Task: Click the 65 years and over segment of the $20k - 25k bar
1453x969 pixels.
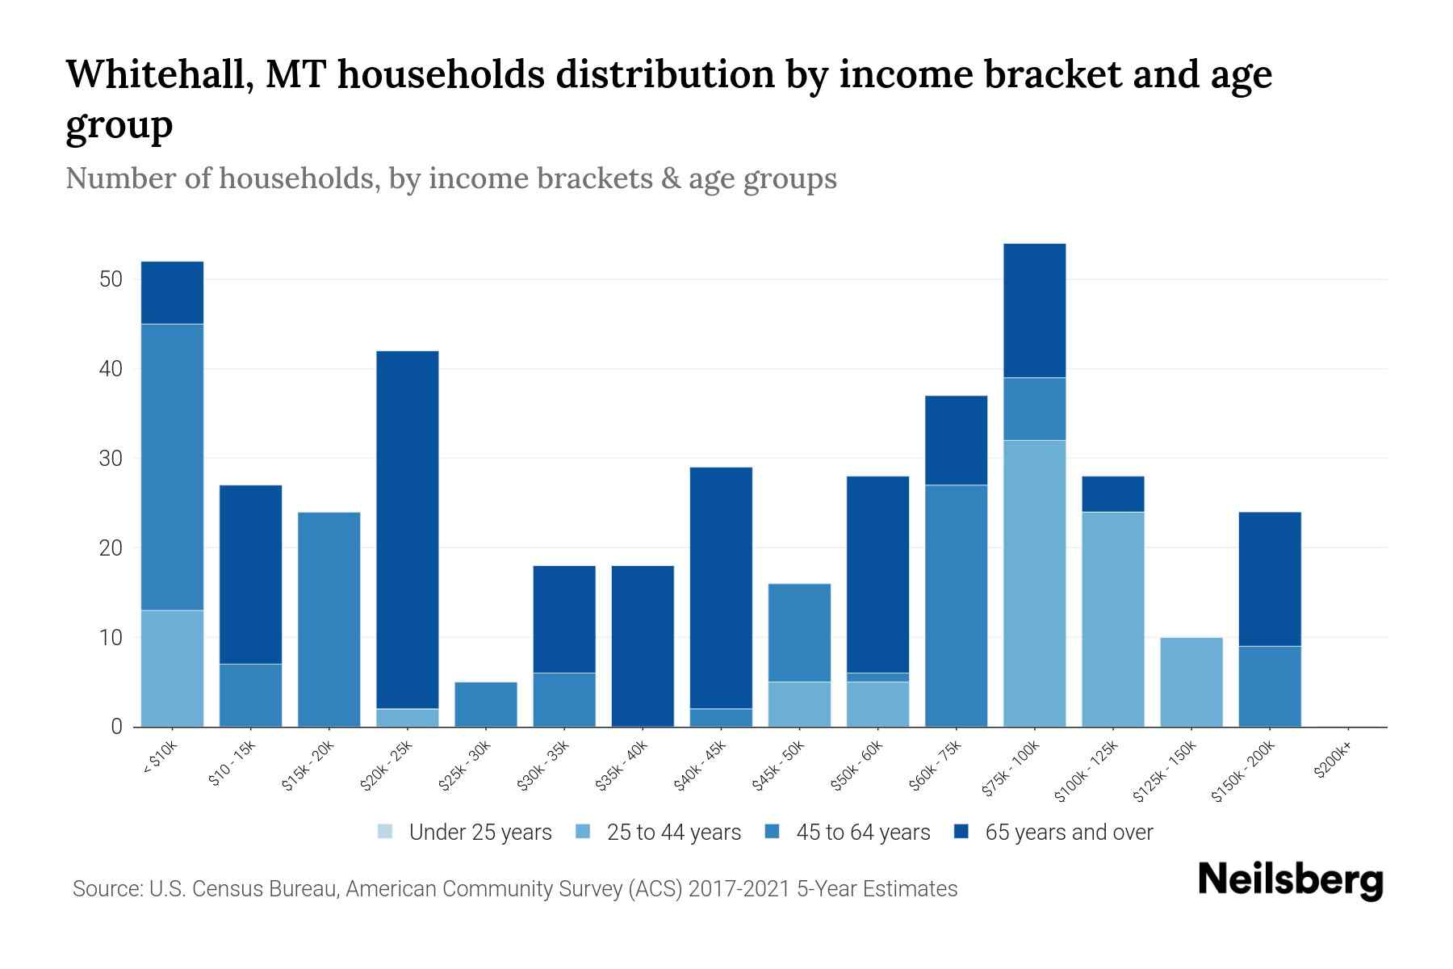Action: (408, 529)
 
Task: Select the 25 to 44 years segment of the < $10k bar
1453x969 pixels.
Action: (173, 668)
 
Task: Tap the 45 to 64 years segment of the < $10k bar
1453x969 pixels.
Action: (173, 467)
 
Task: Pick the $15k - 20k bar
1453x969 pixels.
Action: (329, 619)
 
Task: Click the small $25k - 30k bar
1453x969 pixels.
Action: (486, 704)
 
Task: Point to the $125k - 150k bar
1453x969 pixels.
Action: (1191, 682)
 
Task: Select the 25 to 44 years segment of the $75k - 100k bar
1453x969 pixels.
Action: (1035, 583)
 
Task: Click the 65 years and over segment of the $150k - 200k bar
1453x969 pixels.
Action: (1270, 579)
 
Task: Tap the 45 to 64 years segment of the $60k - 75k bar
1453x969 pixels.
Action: (957, 606)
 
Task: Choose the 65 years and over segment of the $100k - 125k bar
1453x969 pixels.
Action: (1113, 494)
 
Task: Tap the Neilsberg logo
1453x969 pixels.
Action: (1290, 880)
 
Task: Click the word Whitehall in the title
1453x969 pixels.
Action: (158, 75)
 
